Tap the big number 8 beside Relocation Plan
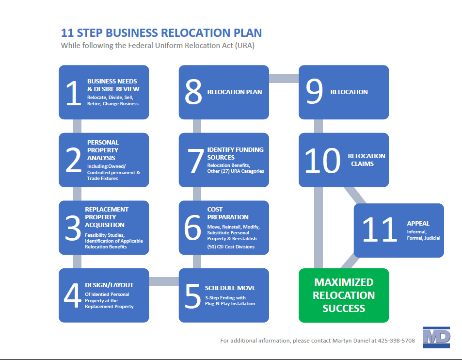point(193,92)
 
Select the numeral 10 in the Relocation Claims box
point(323,161)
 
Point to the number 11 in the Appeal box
point(380,229)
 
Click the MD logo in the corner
point(437,337)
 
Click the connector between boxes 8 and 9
point(284,79)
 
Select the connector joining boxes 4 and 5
point(164,281)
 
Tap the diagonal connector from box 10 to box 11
point(355,195)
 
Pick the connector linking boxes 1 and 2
point(77,126)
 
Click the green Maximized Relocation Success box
point(344,295)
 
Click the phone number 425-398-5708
point(396,341)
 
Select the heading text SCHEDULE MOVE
point(230,288)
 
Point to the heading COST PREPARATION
point(228,213)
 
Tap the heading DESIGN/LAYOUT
point(109,285)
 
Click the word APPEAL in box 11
point(418,224)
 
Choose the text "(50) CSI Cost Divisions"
point(231,247)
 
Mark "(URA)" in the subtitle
point(244,46)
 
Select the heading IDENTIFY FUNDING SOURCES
point(236,154)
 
